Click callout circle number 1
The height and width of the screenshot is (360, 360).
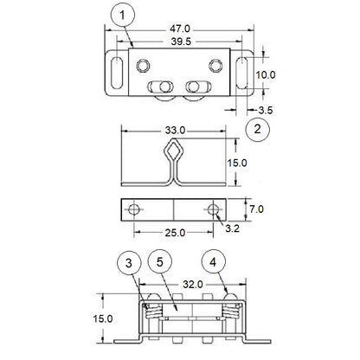click(124, 16)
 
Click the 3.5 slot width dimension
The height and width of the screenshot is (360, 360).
click(266, 111)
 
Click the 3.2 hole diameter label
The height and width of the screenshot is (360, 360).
click(232, 229)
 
